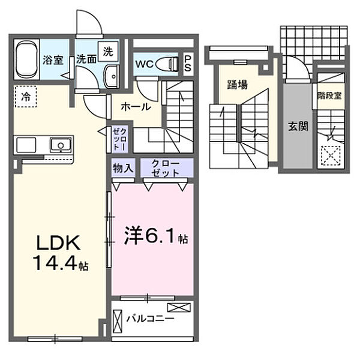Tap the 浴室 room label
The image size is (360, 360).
(53, 59)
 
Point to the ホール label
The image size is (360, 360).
(136, 107)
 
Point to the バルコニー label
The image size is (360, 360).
(150, 318)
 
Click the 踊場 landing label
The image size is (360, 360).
(237, 85)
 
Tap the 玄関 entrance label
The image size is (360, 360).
(297, 127)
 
